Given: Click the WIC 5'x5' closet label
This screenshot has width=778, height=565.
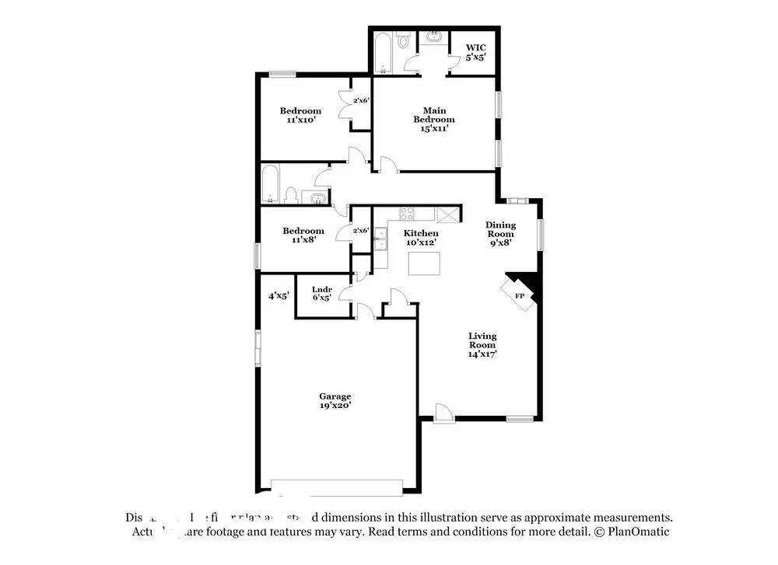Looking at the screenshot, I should click(x=475, y=52).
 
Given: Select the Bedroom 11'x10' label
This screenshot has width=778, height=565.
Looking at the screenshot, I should click(x=300, y=116).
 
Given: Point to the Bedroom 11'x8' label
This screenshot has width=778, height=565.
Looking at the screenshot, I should click(x=303, y=235).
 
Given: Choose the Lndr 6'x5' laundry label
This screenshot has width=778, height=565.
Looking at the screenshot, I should click(x=322, y=294).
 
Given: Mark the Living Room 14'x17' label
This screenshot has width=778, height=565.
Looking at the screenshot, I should click(x=482, y=344).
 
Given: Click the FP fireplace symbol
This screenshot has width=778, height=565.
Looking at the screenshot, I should click(x=518, y=295).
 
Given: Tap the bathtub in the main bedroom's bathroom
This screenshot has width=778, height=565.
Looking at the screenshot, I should click(x=384, y=52).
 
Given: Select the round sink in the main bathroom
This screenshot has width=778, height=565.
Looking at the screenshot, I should click(x=433, y=37).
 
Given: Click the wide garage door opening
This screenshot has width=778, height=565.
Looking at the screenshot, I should click(x=336, y=487).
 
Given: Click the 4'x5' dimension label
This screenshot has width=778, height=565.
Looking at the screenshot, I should click(x=279, y=295).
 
